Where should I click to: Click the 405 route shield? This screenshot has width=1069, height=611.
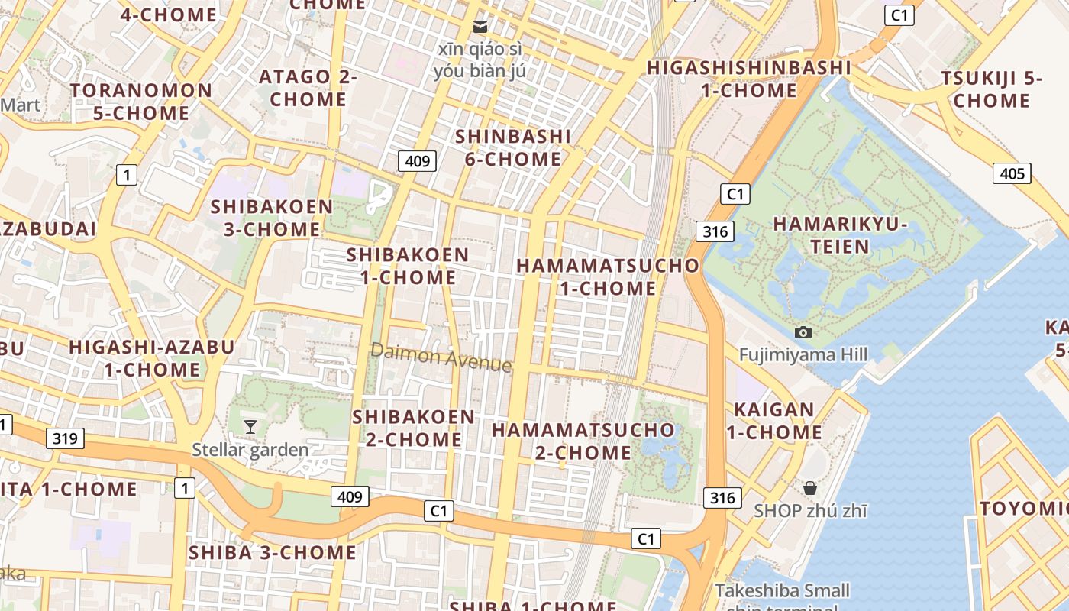(1012, 173)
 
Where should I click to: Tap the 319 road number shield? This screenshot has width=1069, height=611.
(65, 438)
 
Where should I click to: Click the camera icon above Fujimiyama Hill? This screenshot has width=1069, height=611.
(803, 332)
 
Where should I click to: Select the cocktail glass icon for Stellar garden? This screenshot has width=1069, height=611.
(250, 426)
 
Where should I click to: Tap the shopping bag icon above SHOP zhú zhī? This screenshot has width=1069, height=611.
(809, 487)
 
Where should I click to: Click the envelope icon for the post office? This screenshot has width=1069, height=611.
(480, 27)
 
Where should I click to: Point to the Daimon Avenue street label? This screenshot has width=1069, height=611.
(441, 357)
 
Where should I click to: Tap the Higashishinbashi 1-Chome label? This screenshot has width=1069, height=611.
(748, 79)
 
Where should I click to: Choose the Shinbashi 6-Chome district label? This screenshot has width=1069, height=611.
(513, 147)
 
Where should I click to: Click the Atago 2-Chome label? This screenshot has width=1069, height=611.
(308, 88)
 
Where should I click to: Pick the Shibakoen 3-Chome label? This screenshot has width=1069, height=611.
(272, 218)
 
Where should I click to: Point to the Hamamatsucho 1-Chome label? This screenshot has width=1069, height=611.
(608, 276)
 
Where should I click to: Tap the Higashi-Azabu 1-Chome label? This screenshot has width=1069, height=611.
(152, 358)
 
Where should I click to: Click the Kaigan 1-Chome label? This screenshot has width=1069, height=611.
(774, 421)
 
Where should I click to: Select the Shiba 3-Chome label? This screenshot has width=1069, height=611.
(273, 552)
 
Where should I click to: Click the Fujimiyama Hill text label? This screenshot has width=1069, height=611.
(803, 354)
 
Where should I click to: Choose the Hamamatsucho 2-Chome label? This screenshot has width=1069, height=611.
(583, 441)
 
